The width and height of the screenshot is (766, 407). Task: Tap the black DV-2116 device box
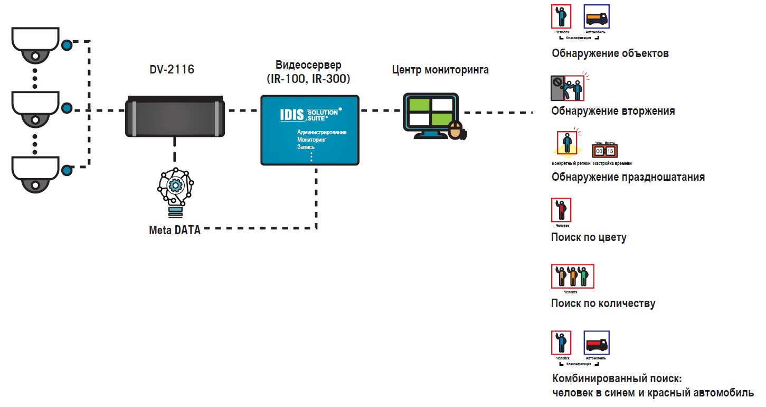point(175,117)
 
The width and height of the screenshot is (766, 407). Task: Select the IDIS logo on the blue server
point(293,115)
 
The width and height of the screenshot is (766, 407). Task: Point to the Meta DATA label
point(175,230)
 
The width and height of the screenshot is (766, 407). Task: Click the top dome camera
point(35,45)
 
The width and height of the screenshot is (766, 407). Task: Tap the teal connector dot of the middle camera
point(67,109)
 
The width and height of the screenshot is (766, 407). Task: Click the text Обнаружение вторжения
point(613,111)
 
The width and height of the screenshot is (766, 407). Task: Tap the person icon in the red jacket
point(561,210)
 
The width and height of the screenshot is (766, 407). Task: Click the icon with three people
point(573,276)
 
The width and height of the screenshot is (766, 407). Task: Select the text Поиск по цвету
point(589,237)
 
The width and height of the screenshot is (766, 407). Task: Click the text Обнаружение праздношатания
point(628,177)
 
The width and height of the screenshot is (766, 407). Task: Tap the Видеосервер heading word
point(308,65)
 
